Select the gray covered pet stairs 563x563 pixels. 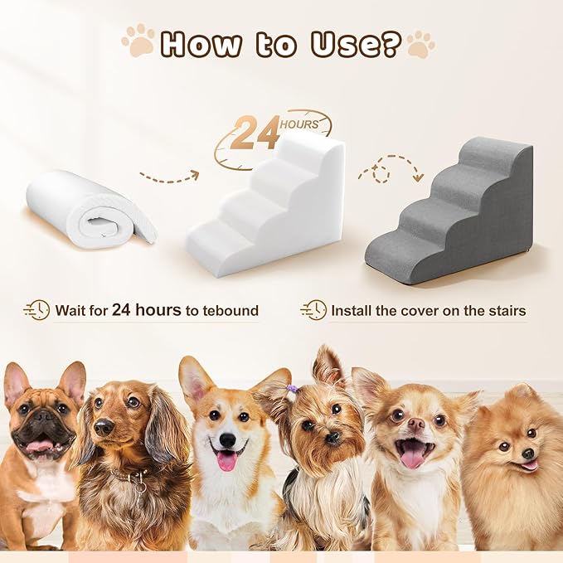coord(452,211)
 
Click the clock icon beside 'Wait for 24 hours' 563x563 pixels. coord(36,310)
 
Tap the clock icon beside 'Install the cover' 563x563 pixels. coord(313,310)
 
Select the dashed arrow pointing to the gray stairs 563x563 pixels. coord(390,167)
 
